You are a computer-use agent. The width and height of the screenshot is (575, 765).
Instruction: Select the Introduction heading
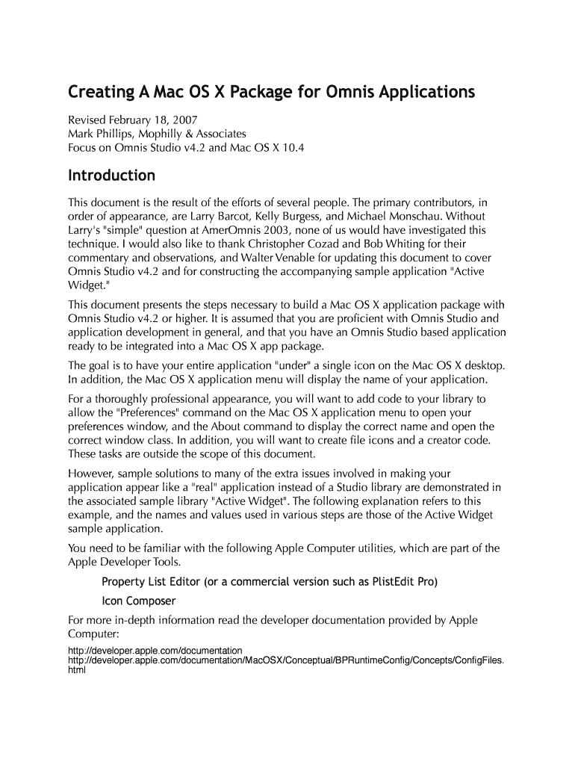112,176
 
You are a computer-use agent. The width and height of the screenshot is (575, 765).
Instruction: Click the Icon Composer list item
139,601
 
